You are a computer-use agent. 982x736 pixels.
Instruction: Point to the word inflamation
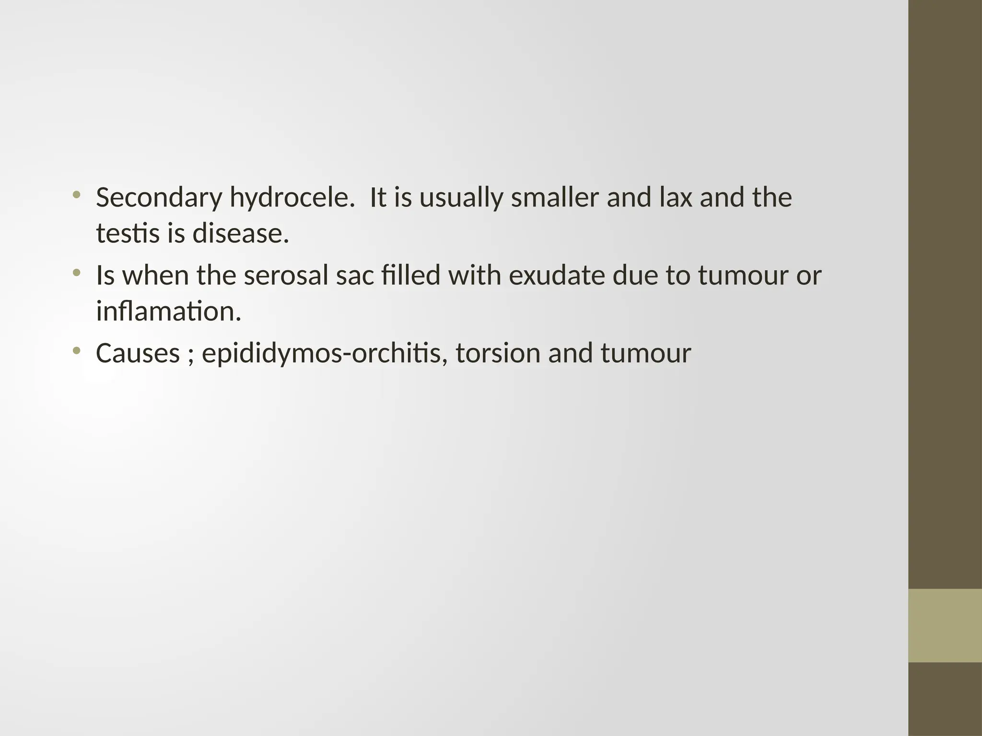click(x=168, y=311)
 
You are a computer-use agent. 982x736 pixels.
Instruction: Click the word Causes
click(x=138, y=354)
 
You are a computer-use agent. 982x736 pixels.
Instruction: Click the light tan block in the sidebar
click(x=945, y=625)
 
